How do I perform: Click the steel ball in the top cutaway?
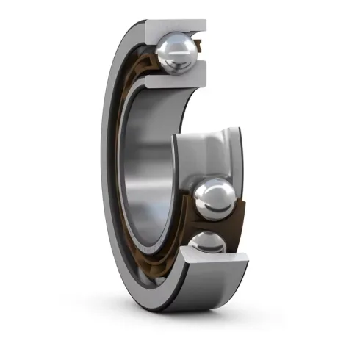[176, 51]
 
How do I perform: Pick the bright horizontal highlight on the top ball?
[176, 44]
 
